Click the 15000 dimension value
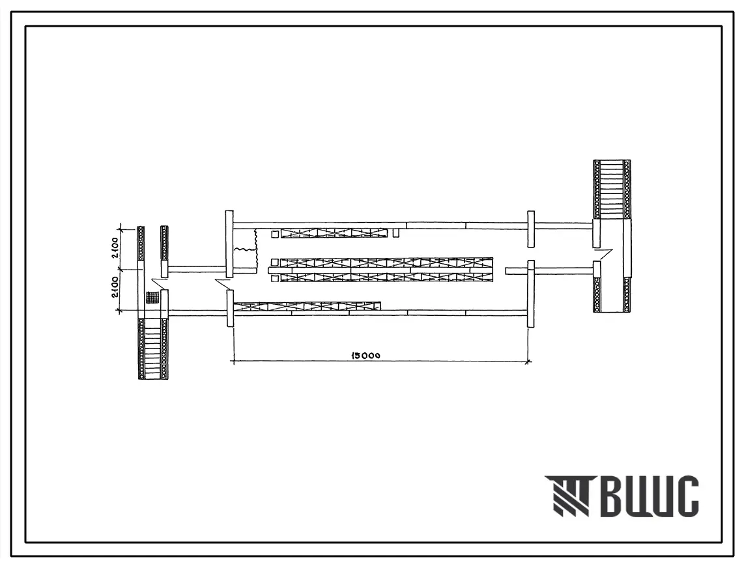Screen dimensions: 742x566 [x=366, y=355]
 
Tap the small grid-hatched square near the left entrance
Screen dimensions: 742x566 [x=152, y=297]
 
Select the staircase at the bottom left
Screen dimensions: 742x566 [x=153, y=348]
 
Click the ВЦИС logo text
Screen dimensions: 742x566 [x=648, y=496]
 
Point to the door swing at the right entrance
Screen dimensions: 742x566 [x=603, y=255]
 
